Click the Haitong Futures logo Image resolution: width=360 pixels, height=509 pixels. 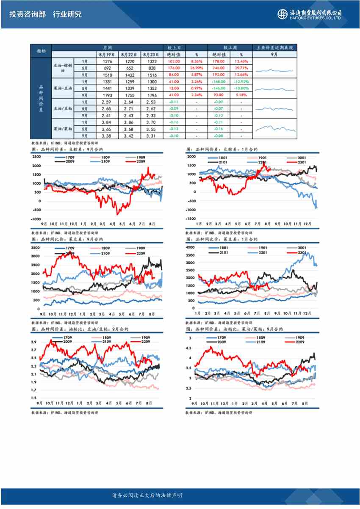(310, 14)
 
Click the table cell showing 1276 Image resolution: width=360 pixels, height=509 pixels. (107, 61)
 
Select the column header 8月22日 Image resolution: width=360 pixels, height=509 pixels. (129, 55)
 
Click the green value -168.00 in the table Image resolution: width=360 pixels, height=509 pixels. (219, 82)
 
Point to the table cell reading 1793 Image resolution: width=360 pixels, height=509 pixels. (107, 95)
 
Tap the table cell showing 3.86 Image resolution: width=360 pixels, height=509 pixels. (129, 122)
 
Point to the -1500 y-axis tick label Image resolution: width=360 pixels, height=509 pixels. (191, 219)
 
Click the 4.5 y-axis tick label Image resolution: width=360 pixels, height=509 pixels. (188, 348)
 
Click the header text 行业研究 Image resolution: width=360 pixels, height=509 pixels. (67, 14)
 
